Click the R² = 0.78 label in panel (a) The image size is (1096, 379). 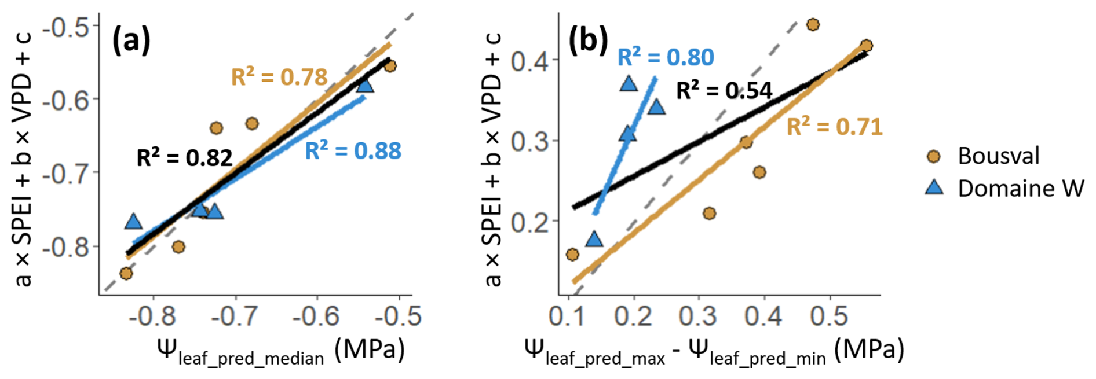tap(279, 76)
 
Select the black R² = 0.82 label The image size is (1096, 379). tap(184, 157)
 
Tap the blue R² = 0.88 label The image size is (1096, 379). tap(353, 150)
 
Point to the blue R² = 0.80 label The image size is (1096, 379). tap(666, 57)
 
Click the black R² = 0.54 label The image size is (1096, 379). tap(724, 90)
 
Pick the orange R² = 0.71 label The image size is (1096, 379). tap(834, 127)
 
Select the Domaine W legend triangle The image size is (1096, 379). tap(934, 187)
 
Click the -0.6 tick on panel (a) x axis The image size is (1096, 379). tap(316, 317)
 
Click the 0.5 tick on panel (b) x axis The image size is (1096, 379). tap(830, 317)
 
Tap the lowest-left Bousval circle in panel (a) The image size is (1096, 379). tap(126, 273)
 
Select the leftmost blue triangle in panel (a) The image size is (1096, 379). tap(134, 222)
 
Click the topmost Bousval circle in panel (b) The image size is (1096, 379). tap(813, 24)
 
